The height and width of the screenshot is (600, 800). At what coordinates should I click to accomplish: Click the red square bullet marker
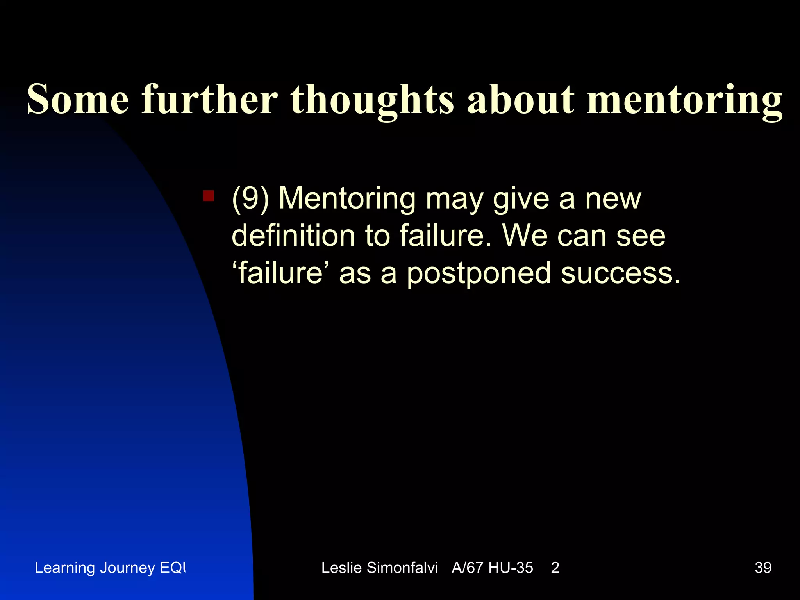click(x=208, y=196)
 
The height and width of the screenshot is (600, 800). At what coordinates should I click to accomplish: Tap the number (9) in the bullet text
click(x=250, y=199)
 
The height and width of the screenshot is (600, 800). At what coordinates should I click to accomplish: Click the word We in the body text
click(x=525, y=236)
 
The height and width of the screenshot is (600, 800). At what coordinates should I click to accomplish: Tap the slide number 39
click(x=763, y=568)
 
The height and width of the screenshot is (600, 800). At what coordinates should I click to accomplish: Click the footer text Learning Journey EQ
click(x=110, y=568)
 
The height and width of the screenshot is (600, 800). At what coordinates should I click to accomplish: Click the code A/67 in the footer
click(x=467, y=568)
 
